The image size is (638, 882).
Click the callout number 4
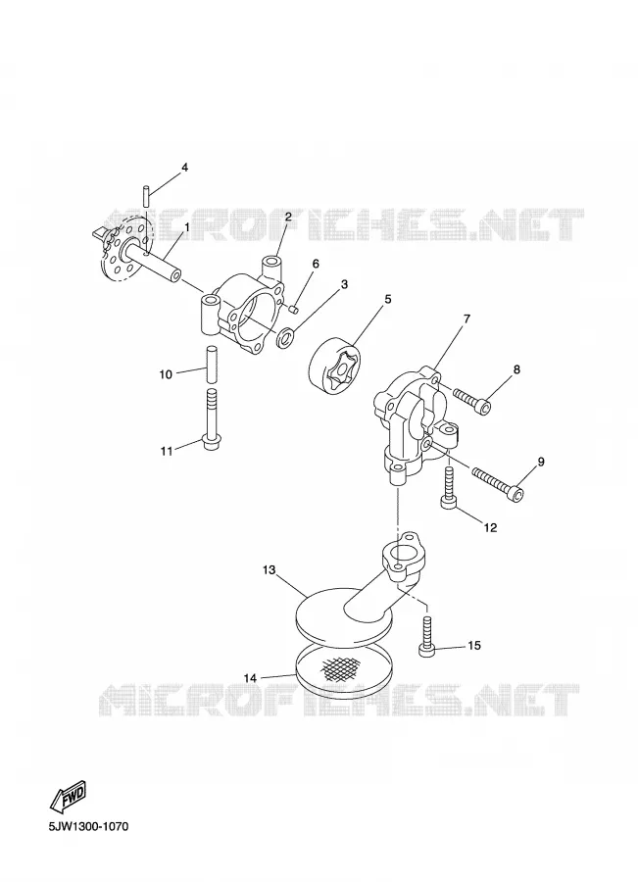coord(184,167)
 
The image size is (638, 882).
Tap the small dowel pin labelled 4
coord(145,196)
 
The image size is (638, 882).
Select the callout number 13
coord(269,569)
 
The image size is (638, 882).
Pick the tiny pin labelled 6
coord(293,307)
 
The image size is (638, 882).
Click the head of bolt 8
coord(482,405)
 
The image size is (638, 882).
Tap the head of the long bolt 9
coord(517,494)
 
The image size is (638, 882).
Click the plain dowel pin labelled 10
coord(212,364)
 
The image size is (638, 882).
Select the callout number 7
coord(466,318)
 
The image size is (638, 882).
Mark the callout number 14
coord(250,678)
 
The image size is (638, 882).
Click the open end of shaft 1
coord(176,276)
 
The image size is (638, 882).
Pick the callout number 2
coord(287,217)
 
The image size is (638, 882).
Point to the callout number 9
coord(541,462)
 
